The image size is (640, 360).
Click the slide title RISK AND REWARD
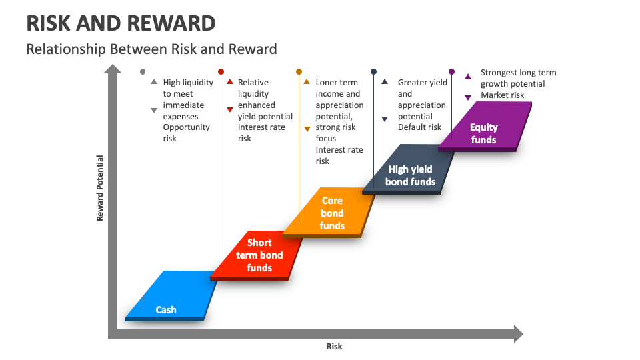(121, 23)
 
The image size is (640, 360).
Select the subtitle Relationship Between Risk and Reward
(151, 49)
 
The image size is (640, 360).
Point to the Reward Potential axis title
(100, 188)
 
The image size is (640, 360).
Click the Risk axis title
(334, 346)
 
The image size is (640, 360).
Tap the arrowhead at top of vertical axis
(114, 69)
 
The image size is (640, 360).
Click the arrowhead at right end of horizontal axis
(518, 334)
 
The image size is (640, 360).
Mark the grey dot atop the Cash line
(143, 71)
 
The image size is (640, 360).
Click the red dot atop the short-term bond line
(221, 71)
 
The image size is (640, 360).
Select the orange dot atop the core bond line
(299, 71)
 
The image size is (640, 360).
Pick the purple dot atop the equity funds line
(451, 71)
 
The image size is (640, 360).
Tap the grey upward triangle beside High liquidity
(154, 82)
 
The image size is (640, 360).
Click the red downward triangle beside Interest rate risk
(230, 109)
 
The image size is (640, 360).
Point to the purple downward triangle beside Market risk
(468, 96)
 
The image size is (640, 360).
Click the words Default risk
(419, 127)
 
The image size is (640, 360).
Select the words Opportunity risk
(186, 133)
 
